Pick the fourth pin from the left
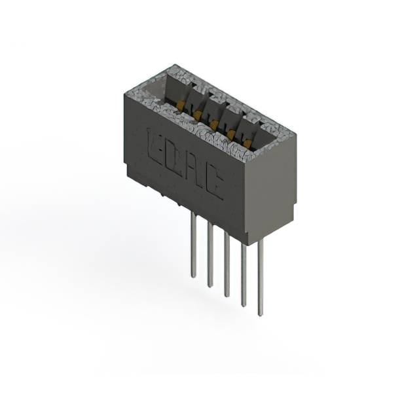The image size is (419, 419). [244, 275]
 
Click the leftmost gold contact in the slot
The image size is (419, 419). [177, 104]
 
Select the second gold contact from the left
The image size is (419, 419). [195, 114]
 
